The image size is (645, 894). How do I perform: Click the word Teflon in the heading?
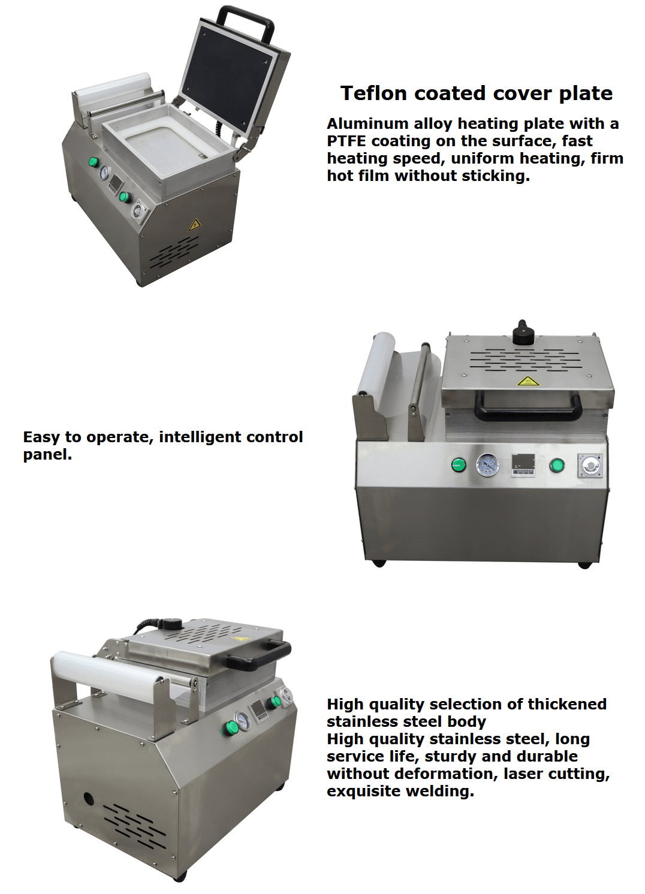click(374, 93)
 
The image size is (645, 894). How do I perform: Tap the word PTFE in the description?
click(346, 141)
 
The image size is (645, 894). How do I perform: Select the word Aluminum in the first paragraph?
click(367, 123)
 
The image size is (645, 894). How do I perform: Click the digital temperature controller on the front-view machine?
click(523, 465)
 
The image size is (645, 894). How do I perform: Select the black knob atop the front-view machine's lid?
click(522, 333)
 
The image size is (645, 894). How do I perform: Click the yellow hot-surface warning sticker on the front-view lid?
click(528, 381)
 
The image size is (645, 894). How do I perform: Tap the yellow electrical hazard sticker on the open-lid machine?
click(194, 225)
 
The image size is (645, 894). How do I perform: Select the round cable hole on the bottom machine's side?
click(88, 799)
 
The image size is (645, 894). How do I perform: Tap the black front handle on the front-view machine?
click(528, 407)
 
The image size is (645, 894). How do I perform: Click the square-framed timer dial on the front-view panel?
click(590, 466)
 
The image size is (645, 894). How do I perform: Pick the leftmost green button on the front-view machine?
click(459, 464)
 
